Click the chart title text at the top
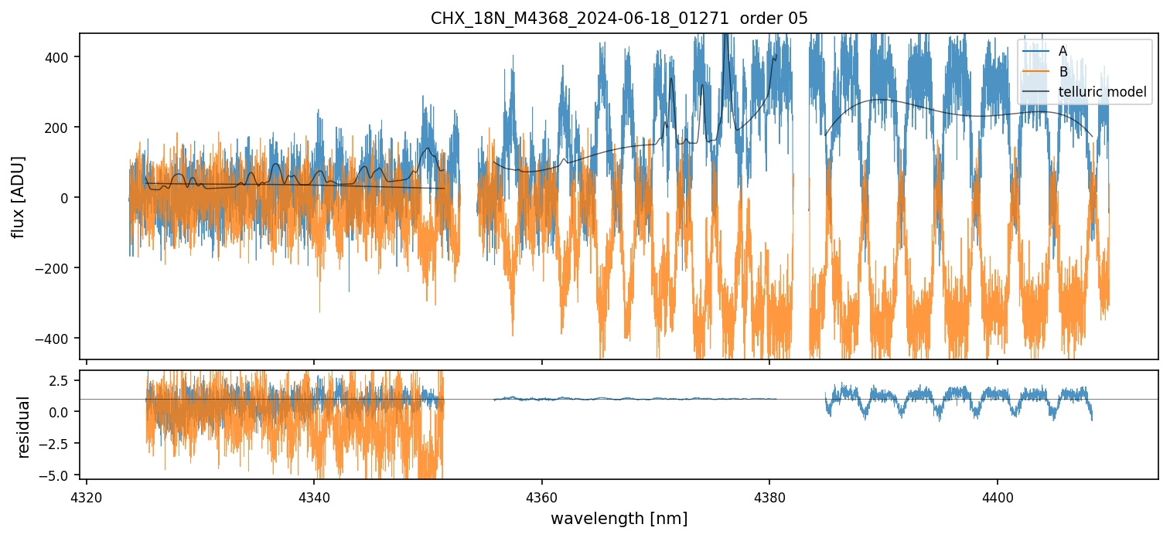click(x=619, y=19)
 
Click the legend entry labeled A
click(x=1063, y=51)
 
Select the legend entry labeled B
click(x=1063, y=72)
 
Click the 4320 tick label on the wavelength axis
click(x=87, y=495)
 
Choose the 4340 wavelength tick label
click(x=314, y=495)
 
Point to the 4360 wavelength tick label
click(x=541, y=495)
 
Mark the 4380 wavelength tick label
click(x=769, y=495)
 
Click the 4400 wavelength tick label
click(x=997, y=495)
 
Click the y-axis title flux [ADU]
click(x=17, y=197)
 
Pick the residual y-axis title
click(x=24, y=427)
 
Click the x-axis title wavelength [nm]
click(x=619, y=518)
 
